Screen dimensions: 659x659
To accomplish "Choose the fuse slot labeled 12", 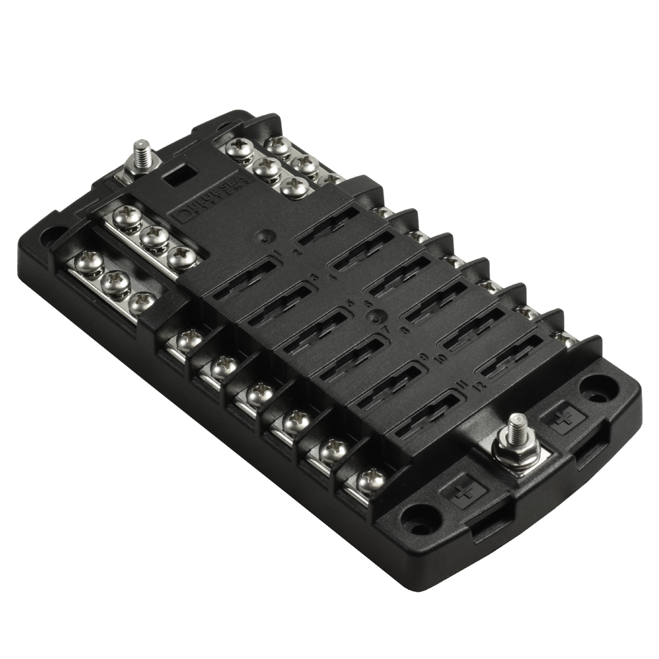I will pos(521,356).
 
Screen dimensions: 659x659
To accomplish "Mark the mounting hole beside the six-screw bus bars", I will pos(53,234).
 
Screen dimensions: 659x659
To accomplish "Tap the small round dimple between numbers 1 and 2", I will pos(266,235).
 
